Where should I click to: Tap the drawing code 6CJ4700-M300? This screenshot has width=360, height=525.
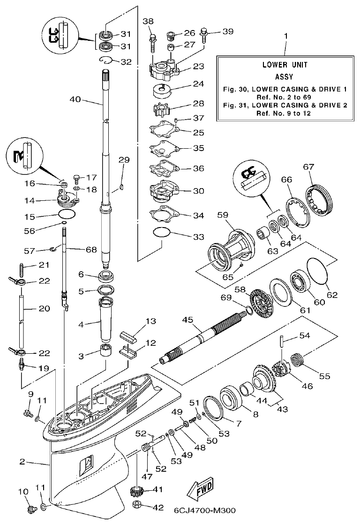pos(204,510)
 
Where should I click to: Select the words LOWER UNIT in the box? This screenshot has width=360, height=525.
pos(285,65)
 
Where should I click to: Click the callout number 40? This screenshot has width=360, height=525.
pos(75,99)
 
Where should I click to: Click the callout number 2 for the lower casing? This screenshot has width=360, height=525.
pos(22,462)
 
